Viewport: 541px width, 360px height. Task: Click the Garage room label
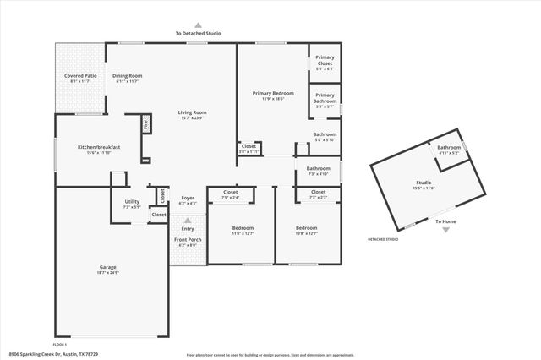107,267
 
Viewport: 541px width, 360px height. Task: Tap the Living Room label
193,112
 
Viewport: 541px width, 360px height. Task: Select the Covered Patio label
79,76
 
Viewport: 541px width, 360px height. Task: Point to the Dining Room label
128,76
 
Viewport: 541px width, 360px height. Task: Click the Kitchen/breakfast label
99,147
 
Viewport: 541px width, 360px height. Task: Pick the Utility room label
132,202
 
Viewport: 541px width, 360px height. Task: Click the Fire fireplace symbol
145,123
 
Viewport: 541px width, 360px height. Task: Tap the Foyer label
188,199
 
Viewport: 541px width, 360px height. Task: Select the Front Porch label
188,240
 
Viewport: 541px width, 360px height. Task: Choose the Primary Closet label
325,61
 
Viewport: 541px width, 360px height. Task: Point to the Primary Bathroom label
325,98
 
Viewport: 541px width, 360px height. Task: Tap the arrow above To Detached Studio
199,25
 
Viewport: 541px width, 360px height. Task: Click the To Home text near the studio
445,221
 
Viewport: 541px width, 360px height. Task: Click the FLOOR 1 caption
60,345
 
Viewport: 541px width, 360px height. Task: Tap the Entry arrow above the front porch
188,220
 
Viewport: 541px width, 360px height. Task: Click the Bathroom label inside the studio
449,149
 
